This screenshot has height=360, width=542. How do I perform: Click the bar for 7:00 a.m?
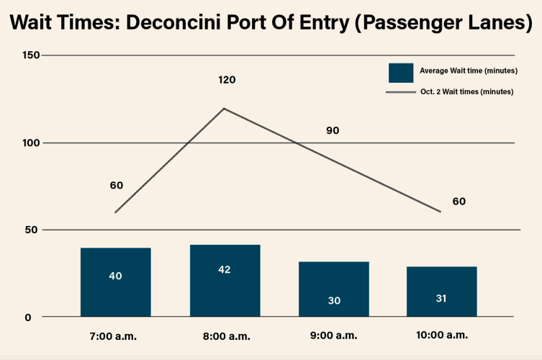[x=116, y=282]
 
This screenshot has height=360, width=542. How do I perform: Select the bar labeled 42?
[x=225, y=281]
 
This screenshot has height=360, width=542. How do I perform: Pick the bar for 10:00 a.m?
[x=441, y=292]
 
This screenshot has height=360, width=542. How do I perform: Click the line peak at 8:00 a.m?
[x=224, y=109]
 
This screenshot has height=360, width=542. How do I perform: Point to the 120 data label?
[x=227, y=79]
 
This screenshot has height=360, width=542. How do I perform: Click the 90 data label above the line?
[x=333, y=131]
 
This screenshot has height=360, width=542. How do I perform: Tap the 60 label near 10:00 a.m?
[x=459, y=201]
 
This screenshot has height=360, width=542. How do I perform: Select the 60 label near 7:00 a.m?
[x=117, y=185]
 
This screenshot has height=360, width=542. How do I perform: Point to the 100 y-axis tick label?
[x=30, y=143]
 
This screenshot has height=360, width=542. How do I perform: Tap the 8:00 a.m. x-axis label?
[x=225, y=336]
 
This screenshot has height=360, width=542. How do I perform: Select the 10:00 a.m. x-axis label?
[x=441, y=336]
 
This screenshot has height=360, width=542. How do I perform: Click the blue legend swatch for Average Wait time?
[x=401, y=72]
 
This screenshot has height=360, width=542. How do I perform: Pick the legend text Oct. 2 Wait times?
[x=466, y=92]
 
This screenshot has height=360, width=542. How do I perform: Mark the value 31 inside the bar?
[x=441, y=298]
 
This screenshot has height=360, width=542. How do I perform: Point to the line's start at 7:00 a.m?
[x=115, y=212]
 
